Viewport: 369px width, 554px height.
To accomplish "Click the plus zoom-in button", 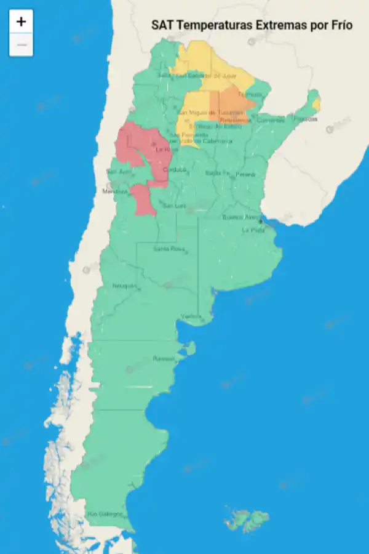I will click(21, 22).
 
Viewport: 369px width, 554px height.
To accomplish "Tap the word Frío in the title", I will click(339, 25).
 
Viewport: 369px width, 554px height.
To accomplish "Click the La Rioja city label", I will click(167, 149).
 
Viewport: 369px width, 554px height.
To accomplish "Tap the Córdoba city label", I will click(175, 170).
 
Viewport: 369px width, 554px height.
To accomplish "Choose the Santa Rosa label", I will click(169, 249).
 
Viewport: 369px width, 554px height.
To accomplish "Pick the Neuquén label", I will click(125, 286).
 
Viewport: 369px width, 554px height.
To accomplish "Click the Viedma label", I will click(191, 316).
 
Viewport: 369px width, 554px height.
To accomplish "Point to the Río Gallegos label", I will click(105, 514).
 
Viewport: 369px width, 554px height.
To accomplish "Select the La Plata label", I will click(253, 230).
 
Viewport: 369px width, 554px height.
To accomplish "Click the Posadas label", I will click(305, 119).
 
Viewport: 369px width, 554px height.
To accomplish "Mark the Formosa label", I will click(250, 94).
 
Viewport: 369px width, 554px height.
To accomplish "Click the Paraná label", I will click(245, 174).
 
